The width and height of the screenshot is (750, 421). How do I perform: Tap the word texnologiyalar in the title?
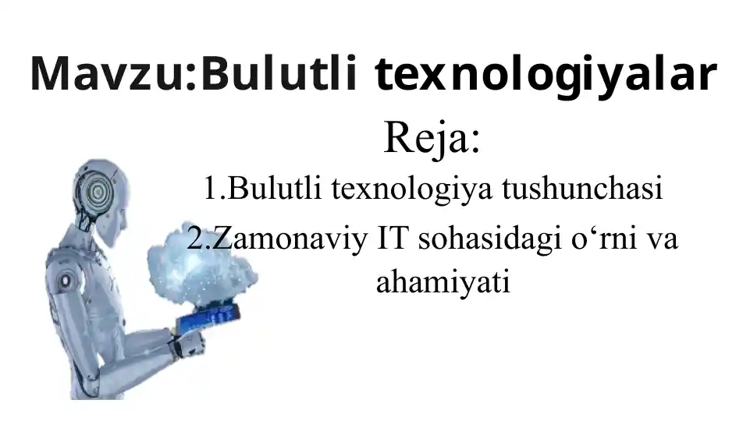(x=546, y=75)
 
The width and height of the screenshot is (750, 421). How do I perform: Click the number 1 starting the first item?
(x=210, y=189)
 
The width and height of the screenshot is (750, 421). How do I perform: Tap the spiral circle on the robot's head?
(x=99, y=189)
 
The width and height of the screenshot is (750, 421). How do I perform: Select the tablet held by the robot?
(x=207, y=317)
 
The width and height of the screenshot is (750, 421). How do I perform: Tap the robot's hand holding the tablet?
(x=187, y=341)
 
